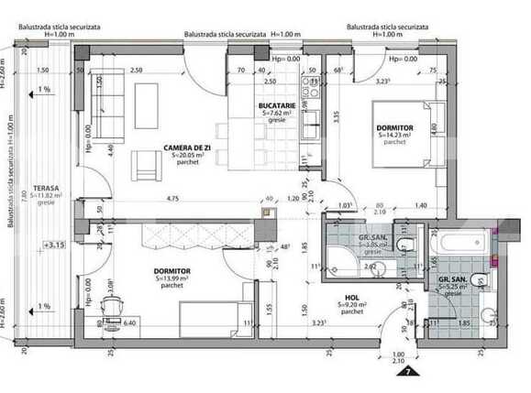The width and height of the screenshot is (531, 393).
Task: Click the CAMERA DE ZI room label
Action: [191, 148]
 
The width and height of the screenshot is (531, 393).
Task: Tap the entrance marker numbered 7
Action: [401, 371]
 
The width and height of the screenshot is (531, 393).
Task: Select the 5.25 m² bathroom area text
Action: [456, 287]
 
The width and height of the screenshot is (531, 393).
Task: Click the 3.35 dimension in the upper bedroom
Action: [337, 116]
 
